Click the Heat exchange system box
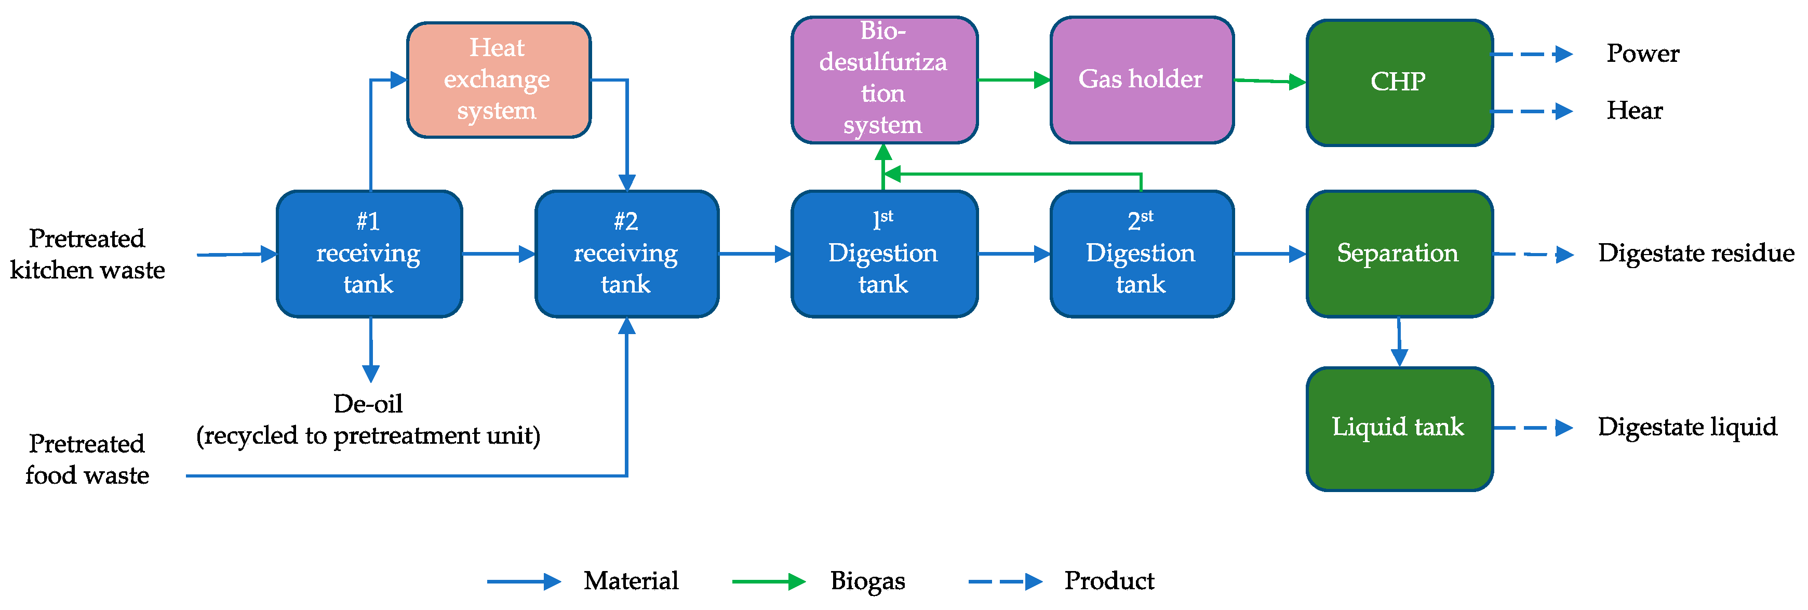(x=498, y=79)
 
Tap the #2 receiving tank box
(x=626, y=254)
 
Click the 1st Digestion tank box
(x=883, y=254)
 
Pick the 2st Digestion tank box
(x=1141, y=254)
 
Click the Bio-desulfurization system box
(x=883, y=79)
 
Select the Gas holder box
(x=1141, y=79)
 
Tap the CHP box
(x=1399, y=82)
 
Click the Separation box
(x=1399, y=254)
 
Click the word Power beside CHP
(x=1642, y=54)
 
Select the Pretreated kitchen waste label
(x=87, y=254)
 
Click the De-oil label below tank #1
(x=368, y=404)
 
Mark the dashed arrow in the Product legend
(x=1005, y=581)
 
